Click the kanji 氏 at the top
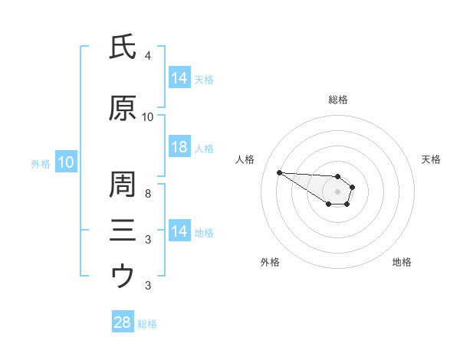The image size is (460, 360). pos(123,47)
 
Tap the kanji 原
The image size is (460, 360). pos(123,108)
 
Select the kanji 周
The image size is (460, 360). pos(123,184)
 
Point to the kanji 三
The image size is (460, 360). pos(123,230)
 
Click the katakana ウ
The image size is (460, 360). pos(123,275)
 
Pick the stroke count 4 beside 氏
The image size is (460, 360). pos(147,55)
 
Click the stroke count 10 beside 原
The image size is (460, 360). pos(147,117)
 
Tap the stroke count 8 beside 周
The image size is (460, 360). pos(148,194)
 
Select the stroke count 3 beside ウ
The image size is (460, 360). pos(148,285)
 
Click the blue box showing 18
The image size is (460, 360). pos(180,146)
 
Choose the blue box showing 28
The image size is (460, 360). pos(123,321)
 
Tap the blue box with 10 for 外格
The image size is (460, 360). pos(66,162)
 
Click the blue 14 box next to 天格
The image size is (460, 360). pos(180,77)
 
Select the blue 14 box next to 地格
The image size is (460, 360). pos(180,230)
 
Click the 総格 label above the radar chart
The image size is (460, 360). pos(338,100)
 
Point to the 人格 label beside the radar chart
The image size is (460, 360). pos(245,159)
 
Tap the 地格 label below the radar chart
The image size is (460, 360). pos(402,262)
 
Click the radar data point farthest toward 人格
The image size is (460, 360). pos(280,172)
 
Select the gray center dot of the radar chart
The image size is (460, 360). pos(337,191)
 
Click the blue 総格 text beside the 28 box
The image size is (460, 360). pos(147,324)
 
